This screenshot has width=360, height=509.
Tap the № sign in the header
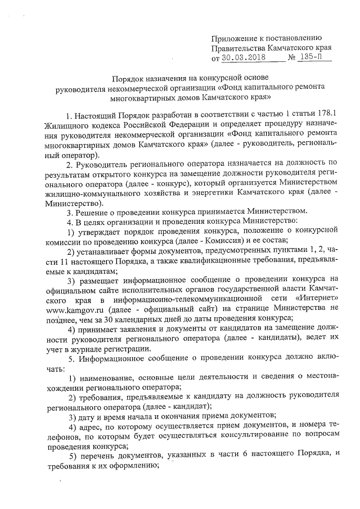[291, 57]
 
